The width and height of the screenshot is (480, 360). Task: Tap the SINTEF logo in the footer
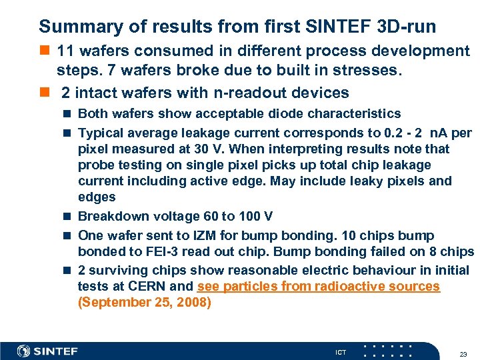[x=47, y=351]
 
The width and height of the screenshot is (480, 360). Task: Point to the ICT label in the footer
[x=341, y=352]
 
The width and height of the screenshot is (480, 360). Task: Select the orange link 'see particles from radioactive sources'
[x=319, y=287]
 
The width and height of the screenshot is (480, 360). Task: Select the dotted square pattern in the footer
[x=387, y=351]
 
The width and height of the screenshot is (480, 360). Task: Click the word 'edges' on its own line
[x=97, y=197]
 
